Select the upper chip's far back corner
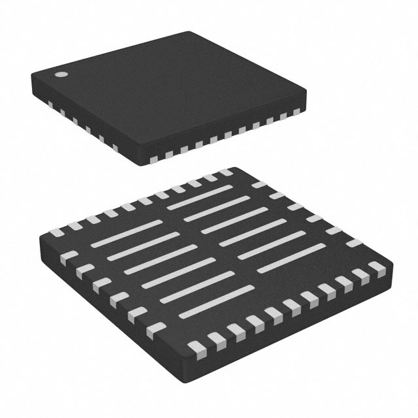coord(193,32)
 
